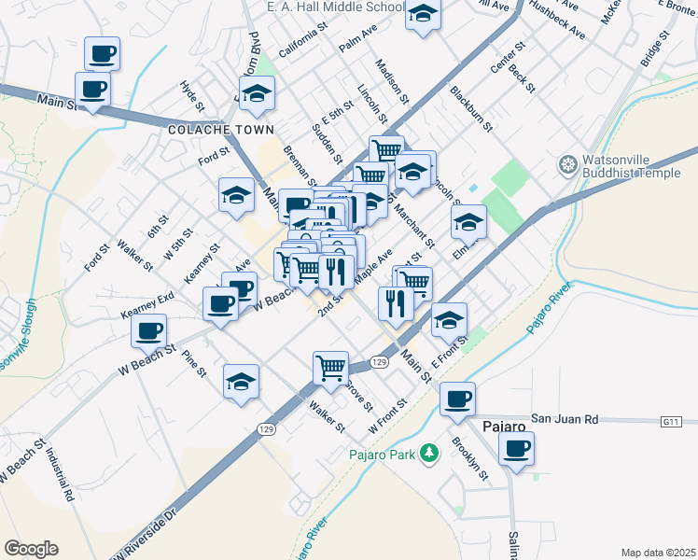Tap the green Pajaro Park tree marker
click(428, 455)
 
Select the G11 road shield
click(671, 423)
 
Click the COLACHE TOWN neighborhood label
click(207, 132)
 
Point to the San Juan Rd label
click(565, 419)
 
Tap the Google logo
click(31, 548)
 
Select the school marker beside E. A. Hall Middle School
click(424, 15)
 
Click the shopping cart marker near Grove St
click(330, 368)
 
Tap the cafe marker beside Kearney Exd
click(149, 329)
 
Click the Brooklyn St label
click(470, 459)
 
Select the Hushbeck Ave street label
click(557, 20)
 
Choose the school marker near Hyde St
click(257, 93)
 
